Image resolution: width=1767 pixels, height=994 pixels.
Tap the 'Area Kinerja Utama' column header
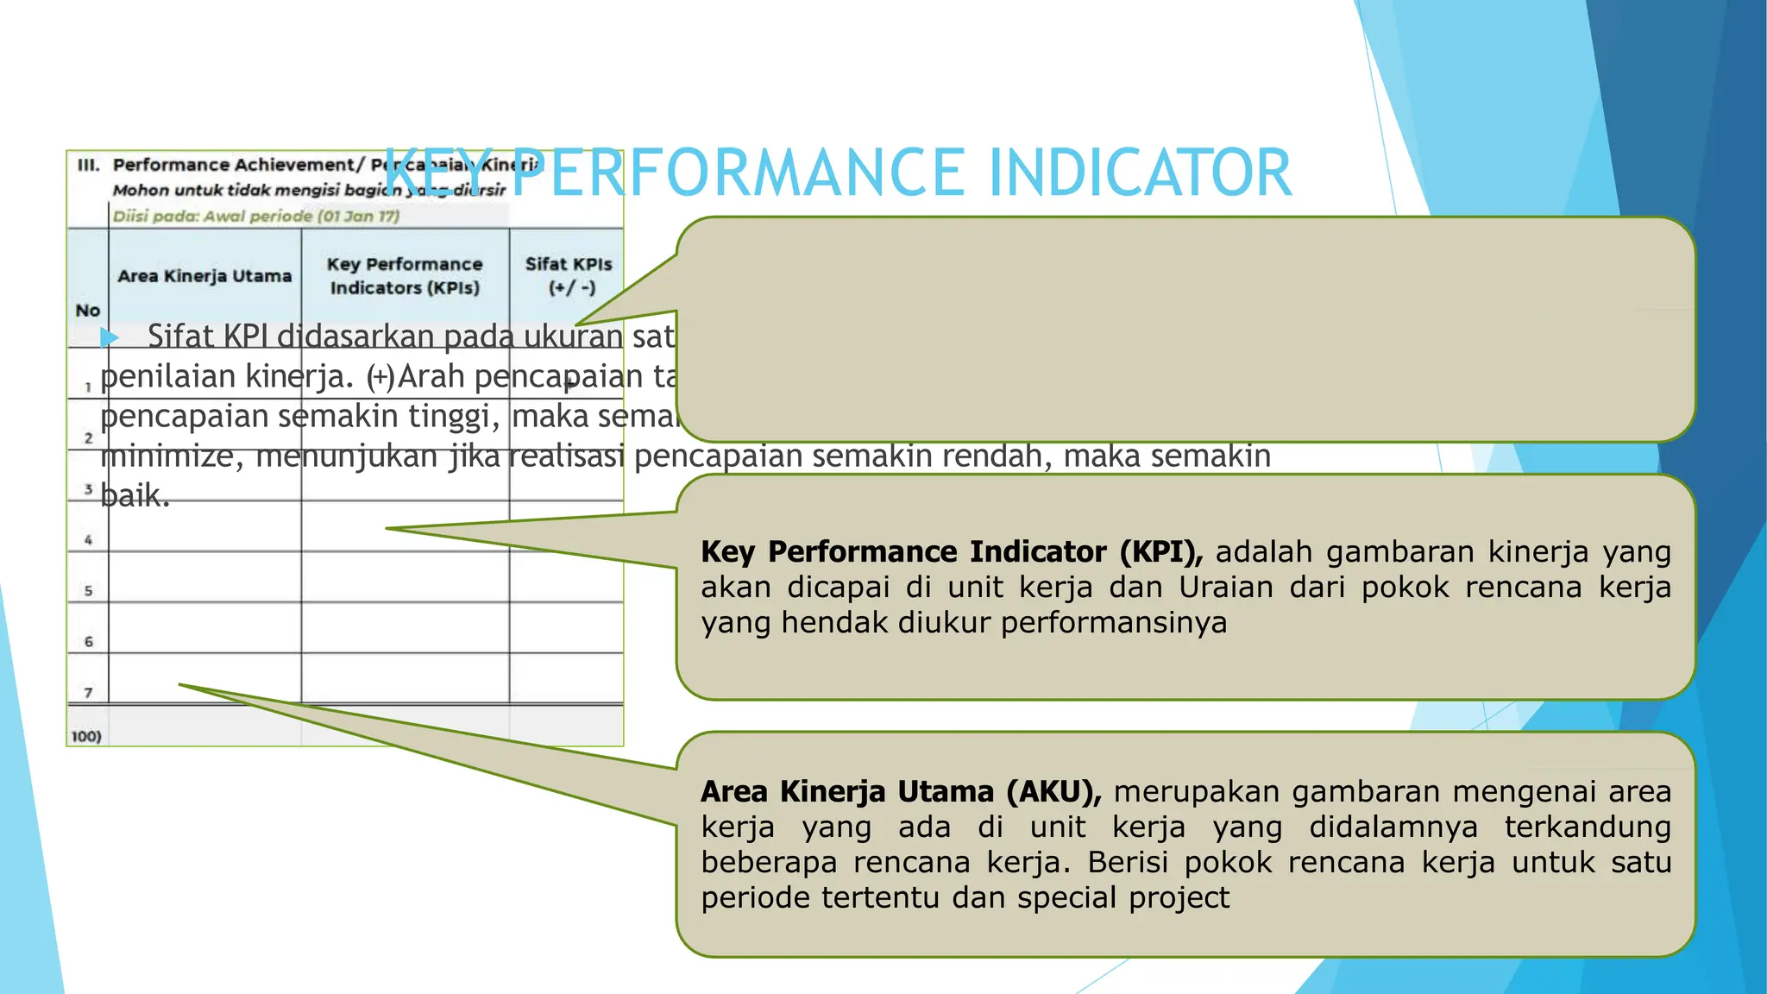tap(204, 276)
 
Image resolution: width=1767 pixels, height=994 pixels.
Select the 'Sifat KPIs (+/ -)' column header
tap(569, 275)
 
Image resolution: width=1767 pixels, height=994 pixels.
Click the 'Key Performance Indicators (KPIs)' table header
tap(405, 275)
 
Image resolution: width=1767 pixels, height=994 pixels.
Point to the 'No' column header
tap(87, 310)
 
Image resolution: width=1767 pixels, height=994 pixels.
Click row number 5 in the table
tap(88, 591)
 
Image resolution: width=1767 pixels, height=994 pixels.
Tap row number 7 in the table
tap(88, 692)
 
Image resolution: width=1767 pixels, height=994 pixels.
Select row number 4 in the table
tap(88, 540)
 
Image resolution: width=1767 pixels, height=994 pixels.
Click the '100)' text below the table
tap(85, 736)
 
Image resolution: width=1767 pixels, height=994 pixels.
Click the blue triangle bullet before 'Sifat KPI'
tap(109, 337)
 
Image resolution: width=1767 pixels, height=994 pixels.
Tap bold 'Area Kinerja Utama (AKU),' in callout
tap(901, 791)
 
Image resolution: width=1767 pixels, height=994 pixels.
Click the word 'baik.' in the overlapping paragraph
tap(135, 495)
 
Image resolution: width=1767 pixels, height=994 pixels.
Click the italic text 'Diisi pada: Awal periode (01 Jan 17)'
tap(256, 216)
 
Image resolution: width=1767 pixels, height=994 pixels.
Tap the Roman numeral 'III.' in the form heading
tap(89, 165)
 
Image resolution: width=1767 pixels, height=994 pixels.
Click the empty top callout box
tap(1185, 329)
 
